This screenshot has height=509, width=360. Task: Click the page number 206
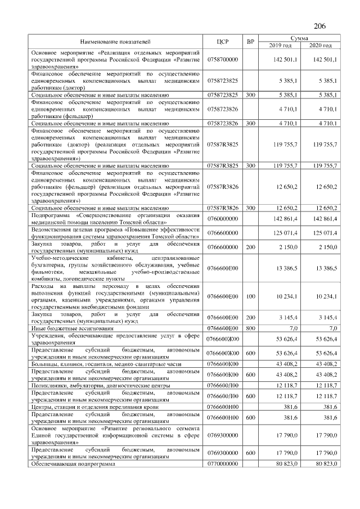tap(319, 26)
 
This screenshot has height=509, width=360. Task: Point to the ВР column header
tap(250, 42)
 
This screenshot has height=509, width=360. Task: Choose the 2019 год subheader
tap(280, 46)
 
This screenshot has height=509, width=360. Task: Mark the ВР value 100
tap(250, 296)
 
